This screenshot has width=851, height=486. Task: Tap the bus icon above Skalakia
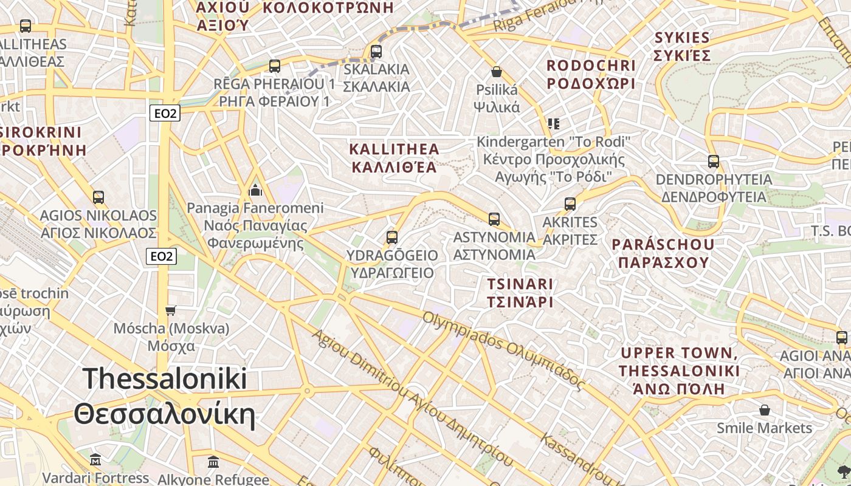coord(376,52)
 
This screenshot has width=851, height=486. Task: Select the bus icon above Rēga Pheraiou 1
coord(275,66)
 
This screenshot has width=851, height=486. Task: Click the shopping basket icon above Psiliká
coord(497,72)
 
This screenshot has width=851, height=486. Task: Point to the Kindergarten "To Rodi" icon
coord(553,124)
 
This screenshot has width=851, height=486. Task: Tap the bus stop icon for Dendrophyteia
coord(714,162)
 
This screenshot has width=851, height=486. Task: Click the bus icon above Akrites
coord(570,204)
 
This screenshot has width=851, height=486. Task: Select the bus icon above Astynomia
coord(494,219)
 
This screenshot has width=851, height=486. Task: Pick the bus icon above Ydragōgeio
coord(392,237)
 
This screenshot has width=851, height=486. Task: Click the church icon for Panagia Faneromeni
coord(255,191)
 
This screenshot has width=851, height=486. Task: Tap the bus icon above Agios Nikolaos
coord(98,197)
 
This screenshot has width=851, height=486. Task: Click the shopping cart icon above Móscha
coord(171,310)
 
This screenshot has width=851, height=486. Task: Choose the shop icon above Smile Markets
coord(764,410)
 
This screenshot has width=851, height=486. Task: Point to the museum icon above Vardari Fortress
coord(95,459)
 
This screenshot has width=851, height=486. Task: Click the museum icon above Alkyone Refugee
coord(213,462)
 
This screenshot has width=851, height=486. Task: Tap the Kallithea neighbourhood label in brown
coord(393,158)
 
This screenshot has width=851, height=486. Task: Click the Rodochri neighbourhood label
coord(591,74)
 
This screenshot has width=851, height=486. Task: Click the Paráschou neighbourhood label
coord(663,253)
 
